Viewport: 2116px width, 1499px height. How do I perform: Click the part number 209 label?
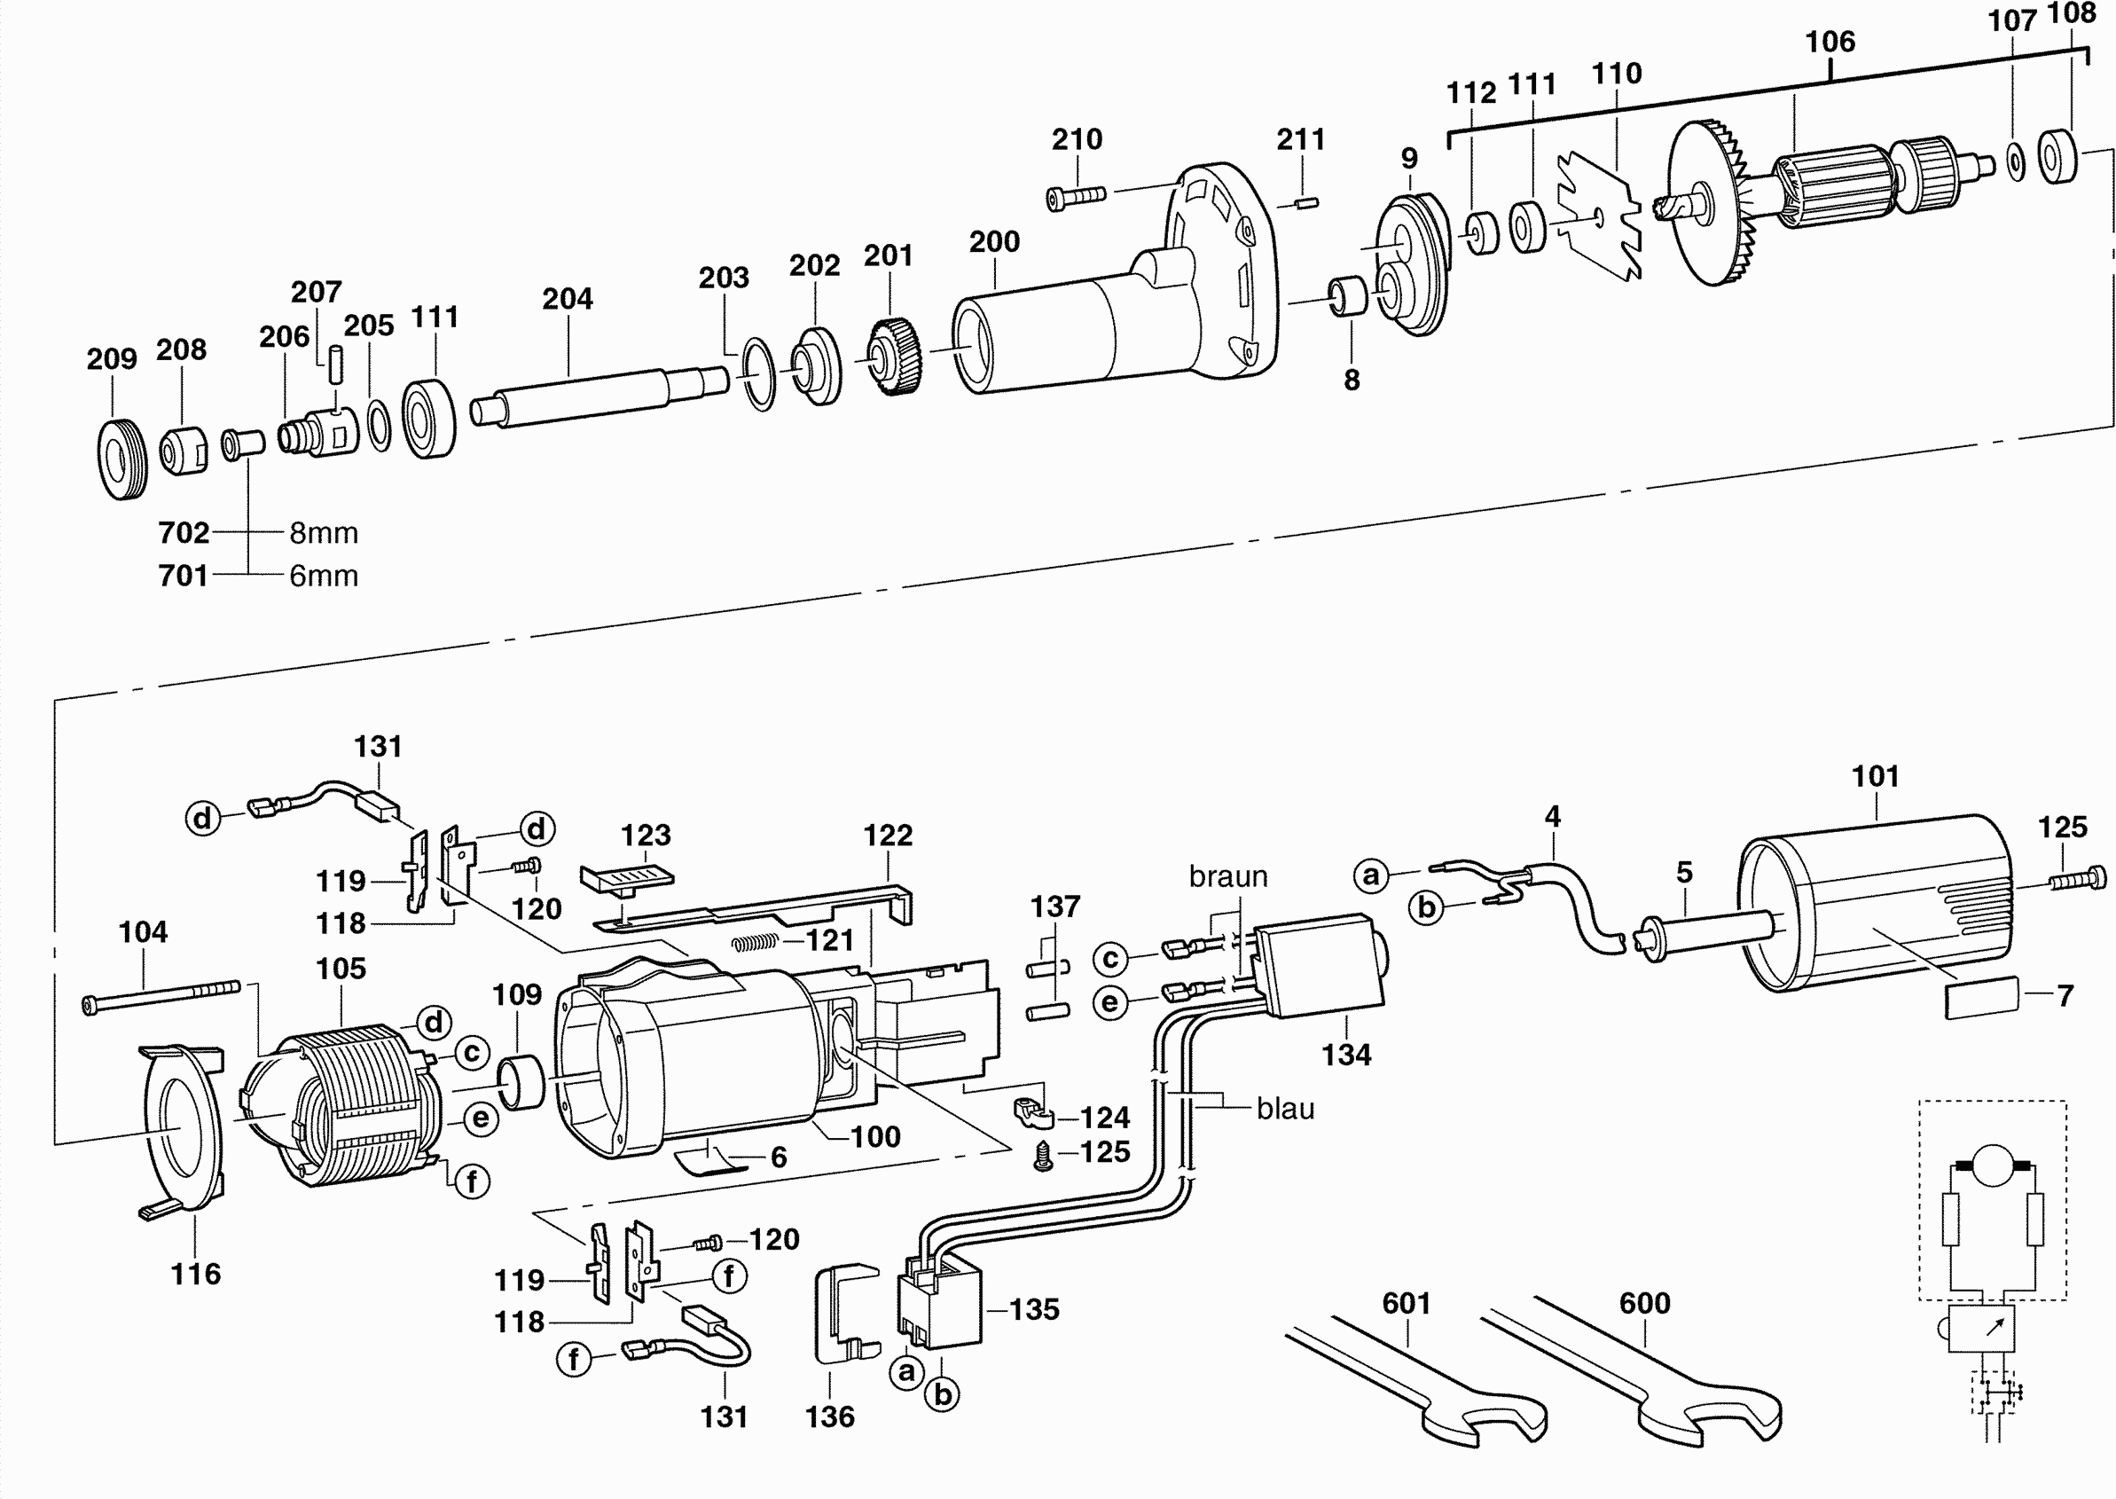click(x=112, y=358)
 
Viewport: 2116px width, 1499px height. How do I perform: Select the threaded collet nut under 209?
click(x=121, y=459)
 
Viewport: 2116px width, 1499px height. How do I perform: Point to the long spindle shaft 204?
click(x=600, y=395)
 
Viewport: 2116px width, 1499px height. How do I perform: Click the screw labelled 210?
click(x=1076, y=197)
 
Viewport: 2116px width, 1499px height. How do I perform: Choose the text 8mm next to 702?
click(x=323, y=532)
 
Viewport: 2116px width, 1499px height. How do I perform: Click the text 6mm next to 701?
click(x=323, y=575)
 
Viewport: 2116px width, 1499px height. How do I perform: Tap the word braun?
click(x=1227, y=876)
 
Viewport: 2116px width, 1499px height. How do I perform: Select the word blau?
click(x=1284, y=1108)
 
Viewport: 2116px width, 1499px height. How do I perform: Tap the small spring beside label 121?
click(x=756, y=942)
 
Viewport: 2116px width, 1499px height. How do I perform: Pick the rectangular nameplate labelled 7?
click(x=1982, y=999)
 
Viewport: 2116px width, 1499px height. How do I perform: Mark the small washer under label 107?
click(x=2016, y=161)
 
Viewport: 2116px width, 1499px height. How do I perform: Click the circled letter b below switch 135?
click(x=942, y=1393)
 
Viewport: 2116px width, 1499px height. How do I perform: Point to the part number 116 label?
click(x=196, y=1274)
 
